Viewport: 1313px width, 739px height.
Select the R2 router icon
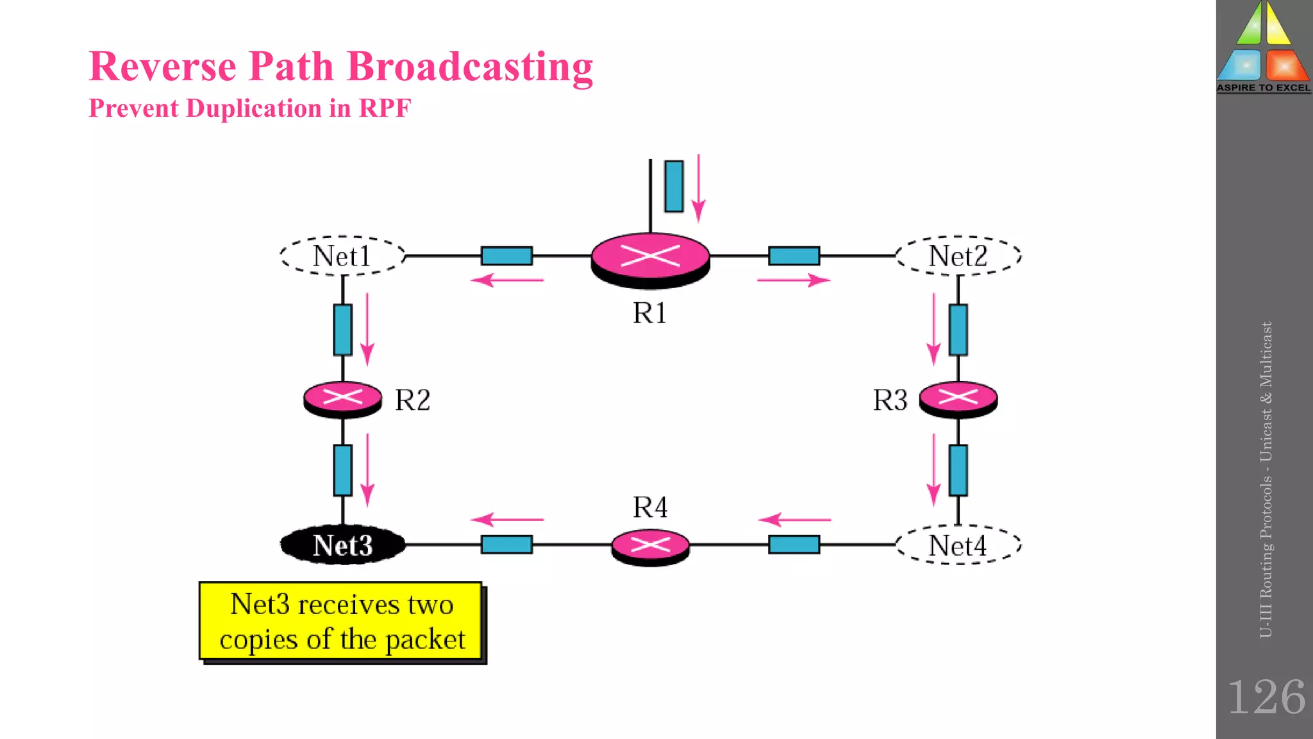pos(342,399)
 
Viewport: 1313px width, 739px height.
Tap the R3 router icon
pos(958,399)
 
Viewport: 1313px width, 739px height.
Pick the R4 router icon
pos(650,547)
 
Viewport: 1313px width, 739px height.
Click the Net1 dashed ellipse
pos(342,256)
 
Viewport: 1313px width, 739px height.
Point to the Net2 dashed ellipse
pos(958,256)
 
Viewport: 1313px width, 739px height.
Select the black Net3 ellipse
pos(342,545)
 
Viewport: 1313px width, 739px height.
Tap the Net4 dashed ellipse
pos(958,545)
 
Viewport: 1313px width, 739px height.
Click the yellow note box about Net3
pos(340,621)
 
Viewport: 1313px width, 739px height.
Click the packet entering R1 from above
pos(674,186)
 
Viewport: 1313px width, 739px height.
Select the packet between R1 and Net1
pos(506,255)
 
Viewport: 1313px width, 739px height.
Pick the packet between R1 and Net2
pos(794,255)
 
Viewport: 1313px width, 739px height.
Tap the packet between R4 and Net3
pos(506,544)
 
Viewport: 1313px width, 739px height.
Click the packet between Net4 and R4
pos(794,544)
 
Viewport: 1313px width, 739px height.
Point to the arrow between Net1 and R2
pos(367,329)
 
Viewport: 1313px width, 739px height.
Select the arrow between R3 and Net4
pos(933,470)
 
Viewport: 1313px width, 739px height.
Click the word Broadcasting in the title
pos(469,67)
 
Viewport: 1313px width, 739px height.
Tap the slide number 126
pos(1266,697)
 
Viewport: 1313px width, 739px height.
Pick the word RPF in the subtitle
pos(385,108)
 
